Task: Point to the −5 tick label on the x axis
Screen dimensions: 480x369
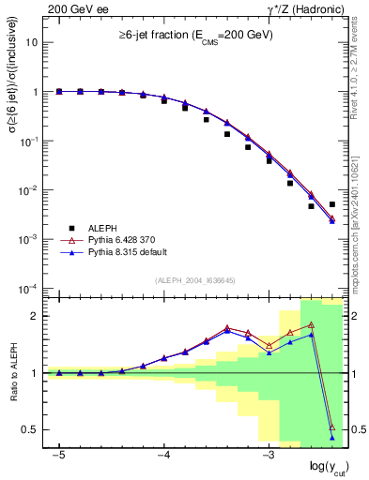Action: pos(58,455)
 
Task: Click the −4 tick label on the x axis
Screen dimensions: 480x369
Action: pos(162,455)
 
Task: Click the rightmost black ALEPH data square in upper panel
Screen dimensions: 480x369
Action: pos(332,203)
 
